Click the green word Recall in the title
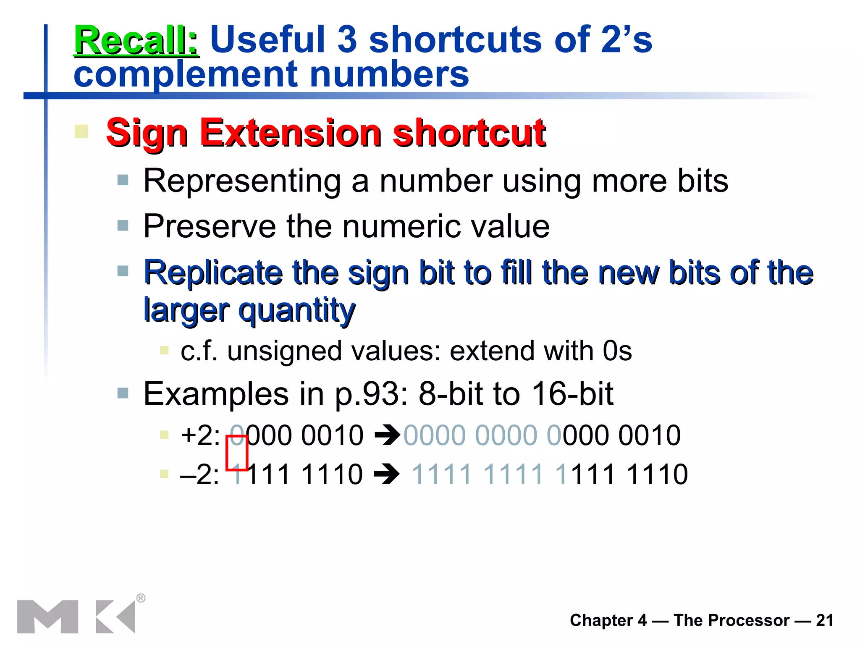point(136,40)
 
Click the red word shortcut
point(469,133)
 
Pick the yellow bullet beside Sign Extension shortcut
point(81,131)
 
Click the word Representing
point(242,181)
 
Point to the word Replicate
point(213,273)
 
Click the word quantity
point(297,310)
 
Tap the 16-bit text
point(572,394)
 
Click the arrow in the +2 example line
point(387,435)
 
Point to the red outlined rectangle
point(237,453)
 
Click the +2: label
point(200,435)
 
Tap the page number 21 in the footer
point(825,620)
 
